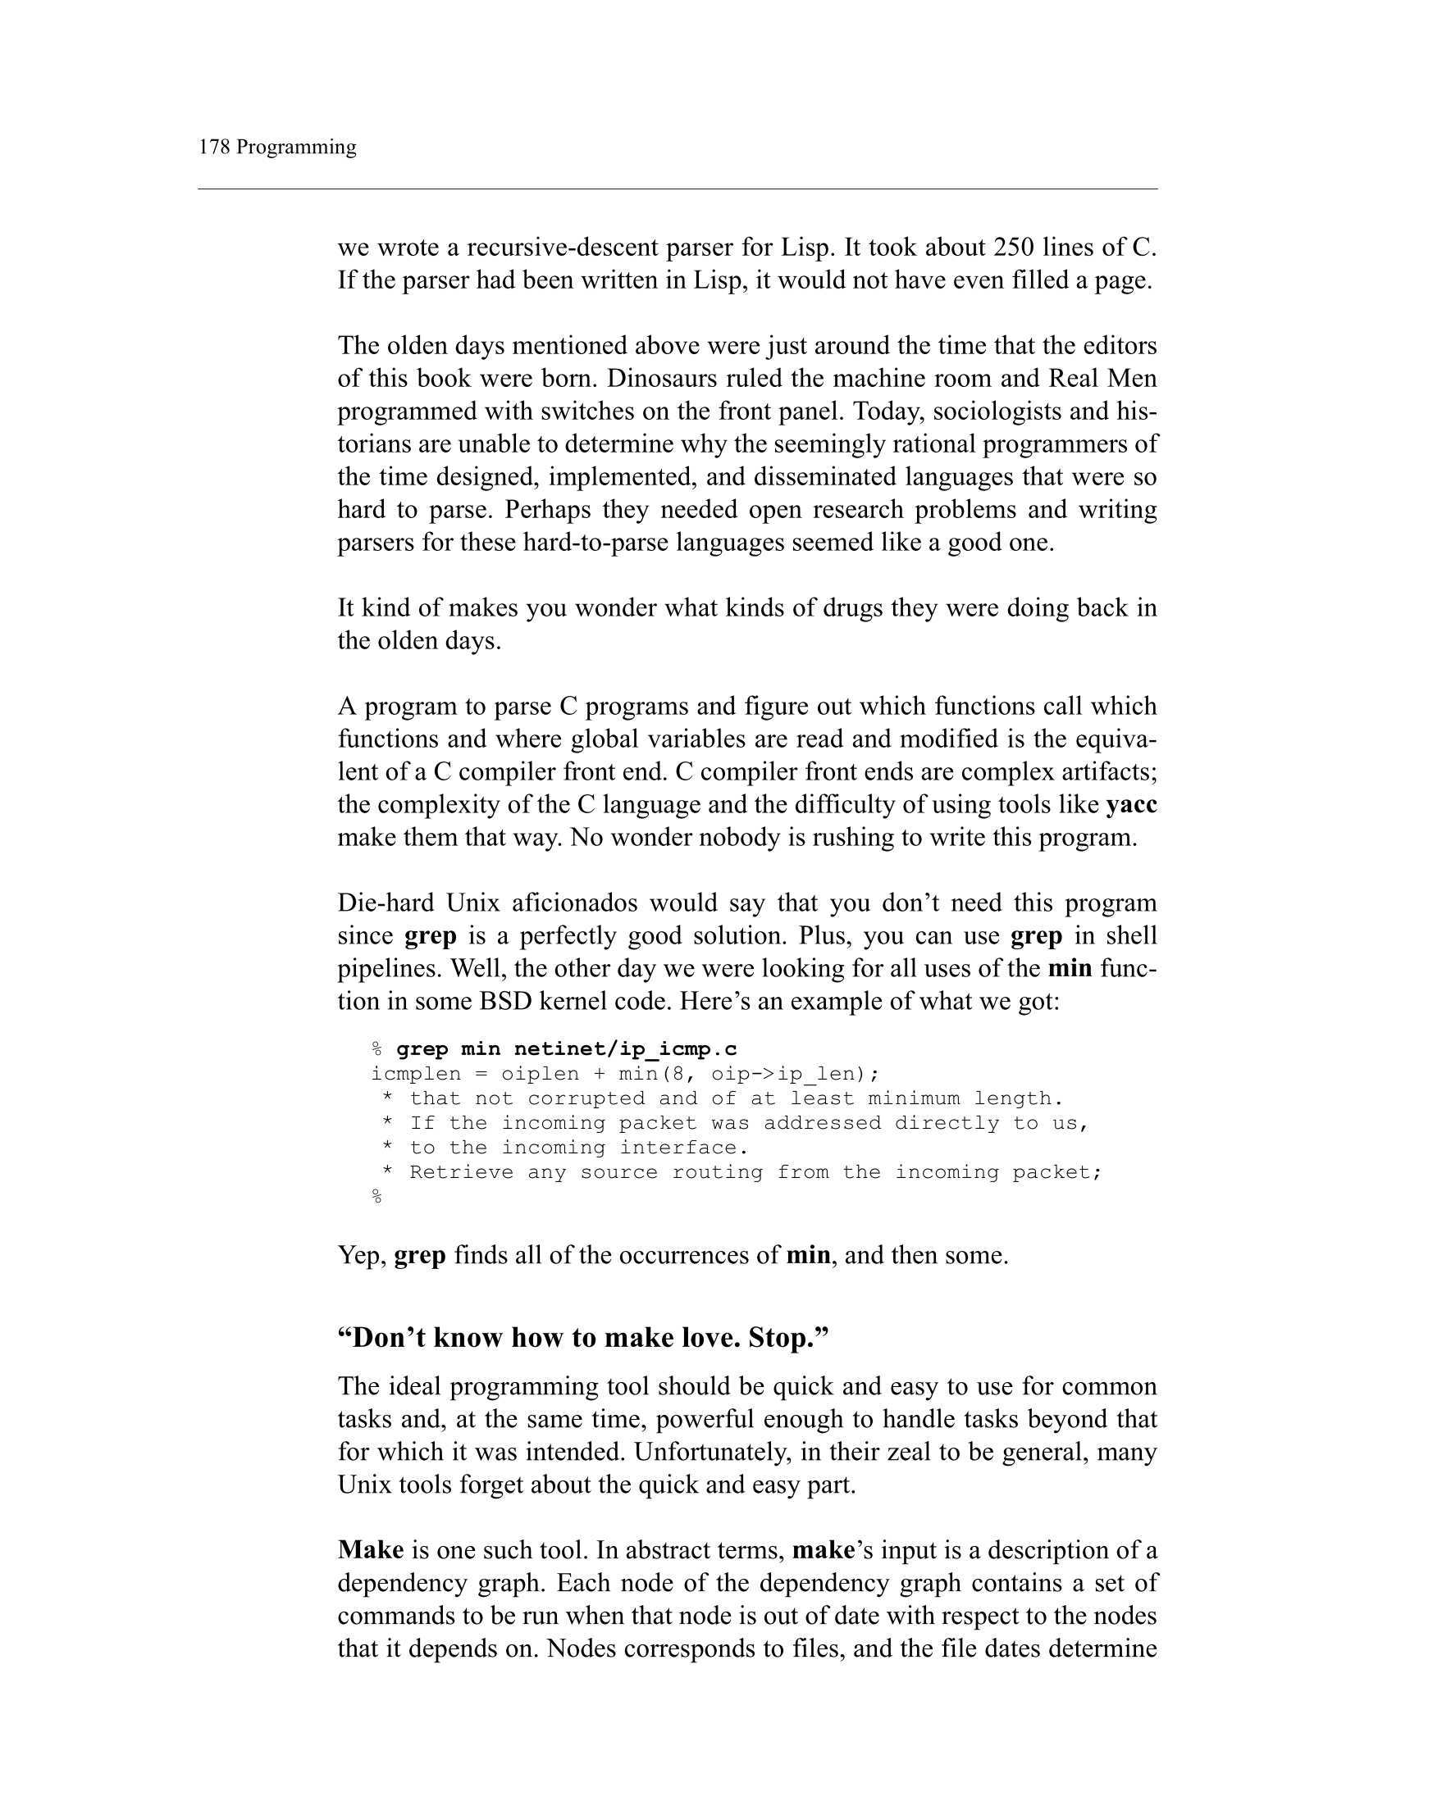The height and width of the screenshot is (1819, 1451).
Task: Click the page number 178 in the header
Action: click(x=213, y=148)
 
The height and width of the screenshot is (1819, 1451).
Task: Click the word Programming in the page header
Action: click(x=296, y=148)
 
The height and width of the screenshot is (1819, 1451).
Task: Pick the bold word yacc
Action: click(x=1131, y=805)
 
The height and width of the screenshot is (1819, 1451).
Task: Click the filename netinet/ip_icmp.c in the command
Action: click(x=625, y=1049)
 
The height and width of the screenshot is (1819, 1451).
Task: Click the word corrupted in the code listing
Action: click(x=585, y=1098)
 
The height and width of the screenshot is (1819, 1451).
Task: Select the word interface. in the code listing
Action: click(x=684, y=1148)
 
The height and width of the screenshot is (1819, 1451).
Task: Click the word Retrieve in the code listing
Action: click(x=461, y=1172)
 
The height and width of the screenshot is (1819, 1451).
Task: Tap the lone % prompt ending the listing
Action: click(x=376, y=1196)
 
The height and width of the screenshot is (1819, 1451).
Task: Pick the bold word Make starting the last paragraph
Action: click(x=371, y=1551)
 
